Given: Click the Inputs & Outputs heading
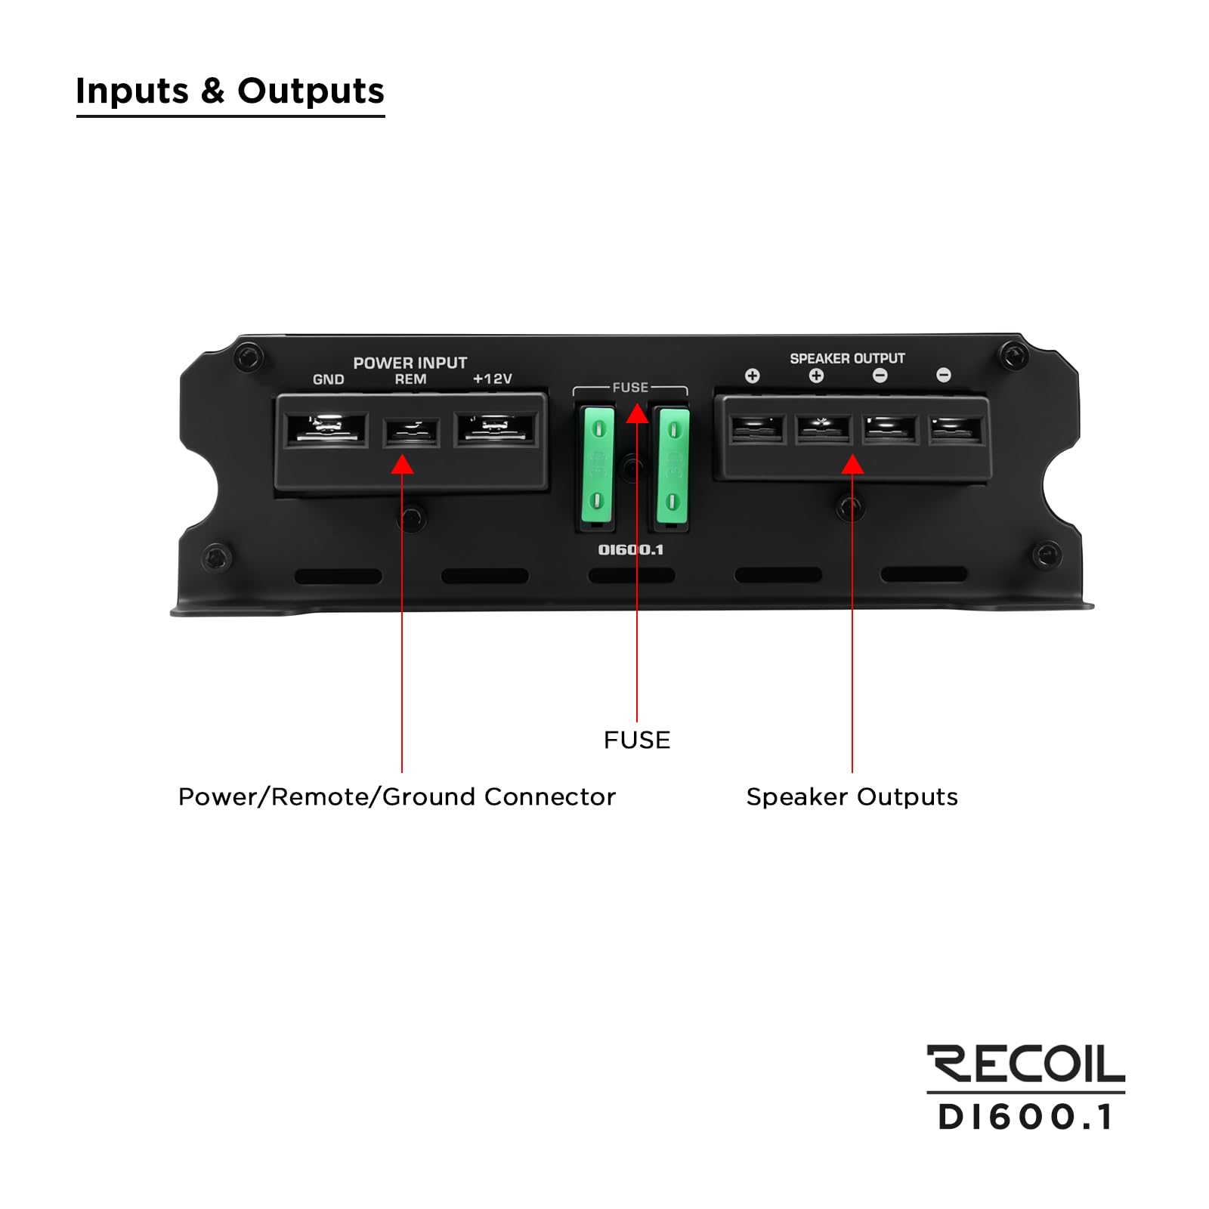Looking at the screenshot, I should [230, 91].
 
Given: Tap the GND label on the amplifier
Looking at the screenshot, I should [328, 379].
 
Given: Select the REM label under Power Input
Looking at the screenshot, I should [410, 379].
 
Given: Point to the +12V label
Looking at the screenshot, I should [493, 379].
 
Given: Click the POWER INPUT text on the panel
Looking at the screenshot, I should [410, 363].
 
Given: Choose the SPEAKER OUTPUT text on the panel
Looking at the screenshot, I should [847, 358].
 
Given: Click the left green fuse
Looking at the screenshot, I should [598, 465].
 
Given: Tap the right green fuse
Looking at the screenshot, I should [673, 465].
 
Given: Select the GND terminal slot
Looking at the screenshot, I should [326, 429].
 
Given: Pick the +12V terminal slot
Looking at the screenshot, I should [496, 428].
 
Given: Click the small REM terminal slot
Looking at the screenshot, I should [411, 432].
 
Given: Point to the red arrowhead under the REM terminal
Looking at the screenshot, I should [402, 464].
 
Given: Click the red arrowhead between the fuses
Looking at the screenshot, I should [637, 414].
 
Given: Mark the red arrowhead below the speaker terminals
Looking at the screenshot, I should [852, 464].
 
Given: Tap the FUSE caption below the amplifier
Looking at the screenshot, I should [637, 740].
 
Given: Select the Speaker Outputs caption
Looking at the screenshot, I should [852, 797].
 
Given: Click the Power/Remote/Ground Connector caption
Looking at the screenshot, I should [397, 797].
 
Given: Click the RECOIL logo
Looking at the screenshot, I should [1025, 1065].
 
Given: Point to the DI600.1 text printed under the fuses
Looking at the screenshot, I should [631, 550].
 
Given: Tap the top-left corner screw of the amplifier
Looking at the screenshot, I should [248, 356].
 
